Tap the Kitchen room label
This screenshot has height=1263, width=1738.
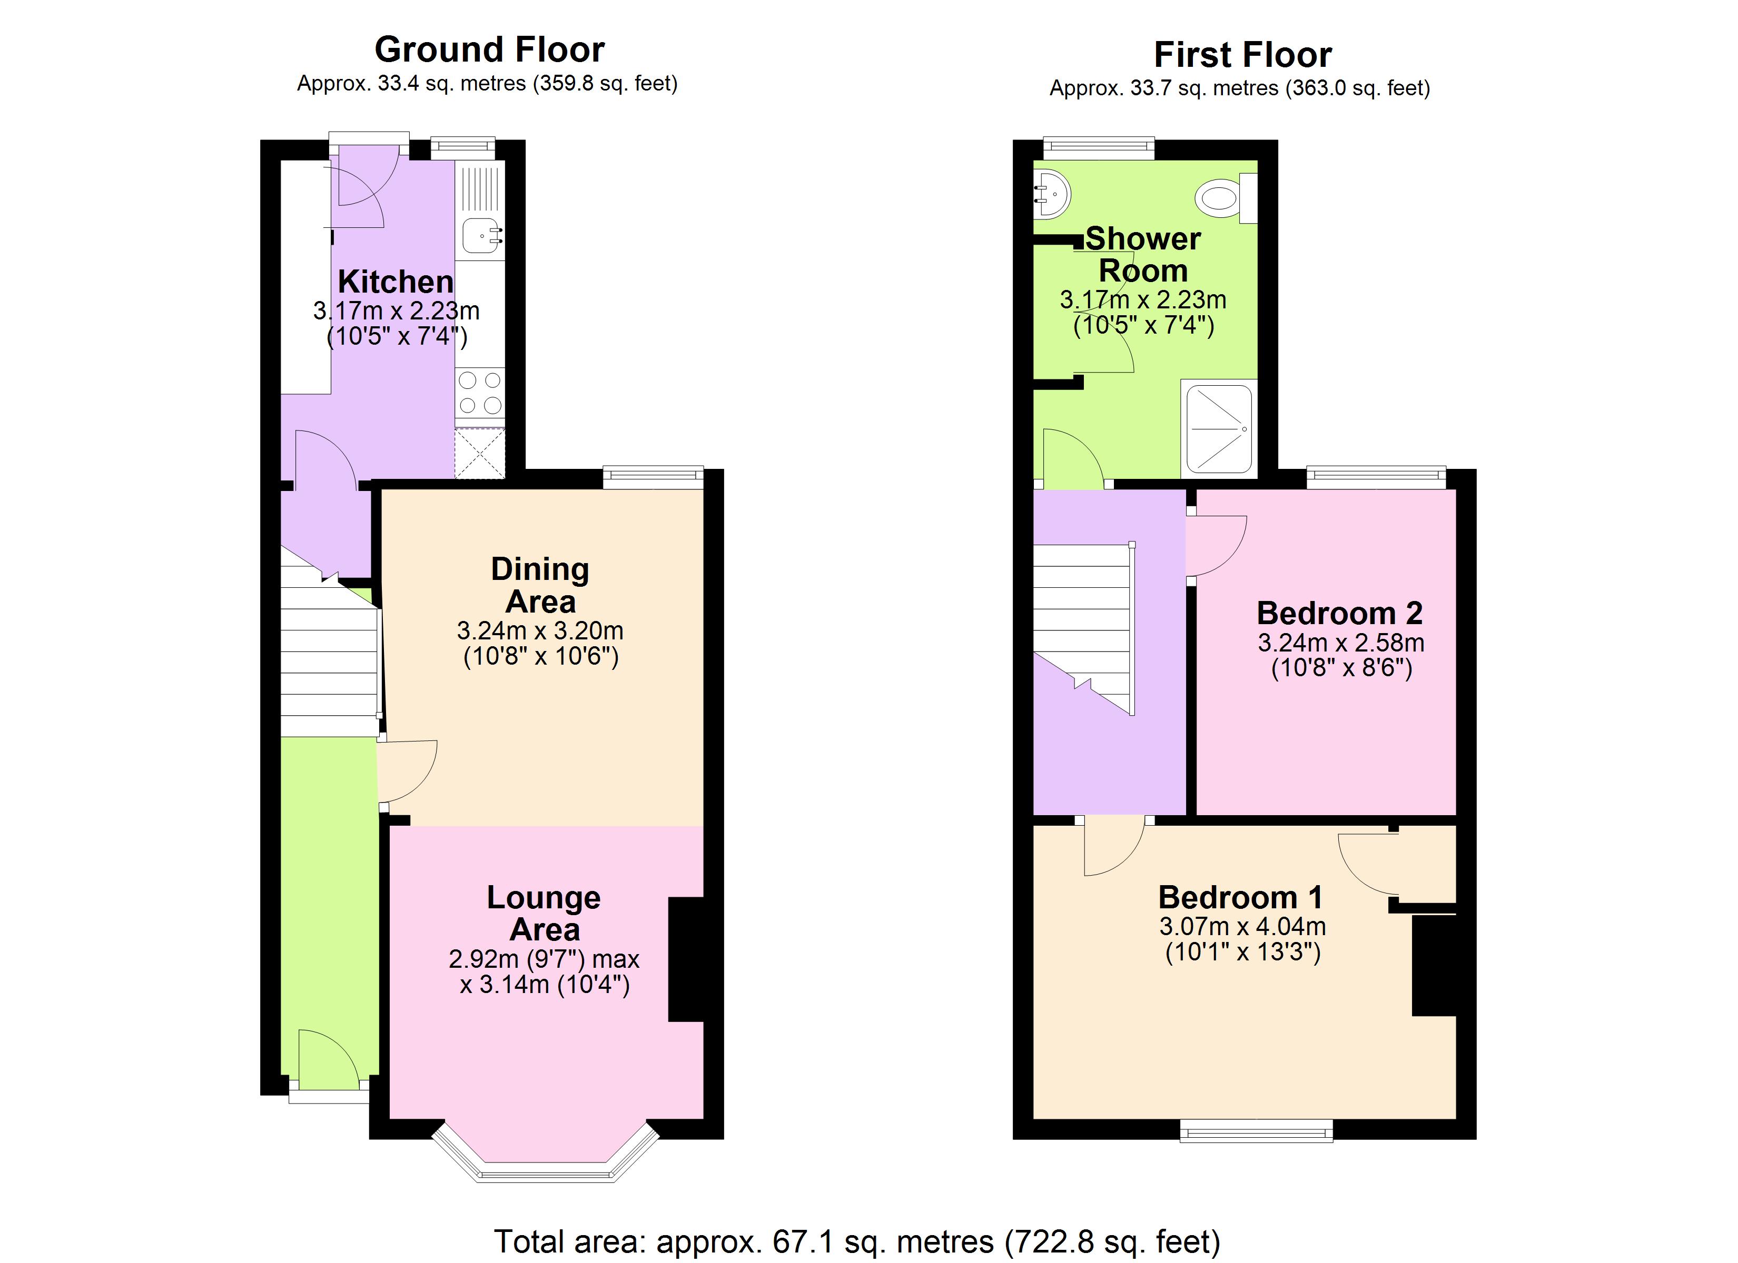tap(396, 282)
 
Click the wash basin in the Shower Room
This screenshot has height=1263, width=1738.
tap(1051, 195)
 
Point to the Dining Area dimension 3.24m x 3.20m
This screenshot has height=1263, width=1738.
tap(540, 631)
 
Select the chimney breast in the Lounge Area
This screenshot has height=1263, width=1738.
tap(686, 959)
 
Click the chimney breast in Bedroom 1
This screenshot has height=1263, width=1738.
tap(1434, 966)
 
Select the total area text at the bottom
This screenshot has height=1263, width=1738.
tap(857, 1241)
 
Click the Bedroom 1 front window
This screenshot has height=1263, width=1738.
tap(1256, 1130)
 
